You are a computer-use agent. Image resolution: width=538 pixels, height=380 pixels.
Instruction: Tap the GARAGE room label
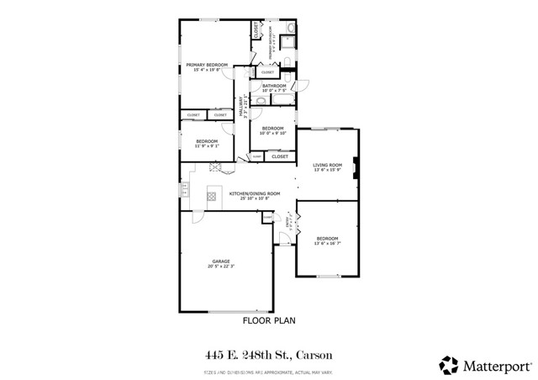[x=221, y=261]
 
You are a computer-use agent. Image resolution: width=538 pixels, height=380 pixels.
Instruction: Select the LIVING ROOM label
[x=327, y=165]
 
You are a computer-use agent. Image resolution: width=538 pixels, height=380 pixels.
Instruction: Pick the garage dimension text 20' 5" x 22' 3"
[x=221, y=267]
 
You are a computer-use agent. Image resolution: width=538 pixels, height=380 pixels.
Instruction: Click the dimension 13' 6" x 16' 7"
[x=327, y=244]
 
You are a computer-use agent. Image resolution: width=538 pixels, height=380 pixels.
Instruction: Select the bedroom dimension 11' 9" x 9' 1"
[x=207, y=146]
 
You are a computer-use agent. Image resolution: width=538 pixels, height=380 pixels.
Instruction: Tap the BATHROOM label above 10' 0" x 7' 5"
[x=274, y=86]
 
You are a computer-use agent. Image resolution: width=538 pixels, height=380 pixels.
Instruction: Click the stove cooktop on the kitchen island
[x=212, y=198]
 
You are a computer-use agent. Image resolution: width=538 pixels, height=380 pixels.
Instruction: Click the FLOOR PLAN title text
[x=269, y=320]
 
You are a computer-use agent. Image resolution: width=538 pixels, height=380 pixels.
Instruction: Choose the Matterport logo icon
[x=448, y=364]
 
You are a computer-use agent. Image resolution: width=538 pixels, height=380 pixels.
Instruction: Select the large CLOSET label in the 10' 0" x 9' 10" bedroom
[x=280, y=156]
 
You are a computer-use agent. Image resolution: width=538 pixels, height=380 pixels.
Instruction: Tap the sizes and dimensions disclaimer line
[x=269, y=370]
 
